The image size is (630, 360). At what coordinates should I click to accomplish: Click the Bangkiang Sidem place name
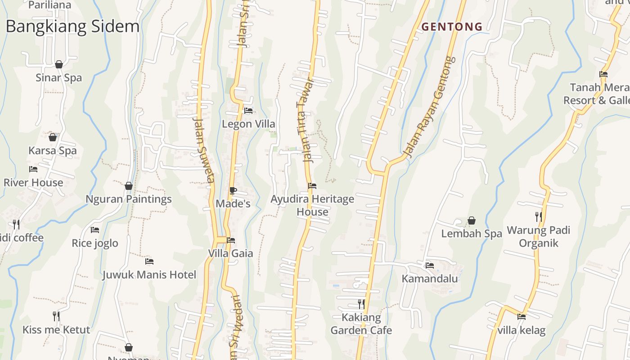point(72,27)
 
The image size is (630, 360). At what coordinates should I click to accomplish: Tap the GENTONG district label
point(452,27)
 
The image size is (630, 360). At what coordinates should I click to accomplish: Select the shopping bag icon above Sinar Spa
point(59,65)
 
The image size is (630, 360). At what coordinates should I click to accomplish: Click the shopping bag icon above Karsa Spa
point(53,137)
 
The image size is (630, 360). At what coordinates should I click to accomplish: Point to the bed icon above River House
point(33,169)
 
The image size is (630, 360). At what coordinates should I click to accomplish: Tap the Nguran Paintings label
point(129,199)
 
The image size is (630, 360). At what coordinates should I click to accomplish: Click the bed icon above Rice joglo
point(95,229)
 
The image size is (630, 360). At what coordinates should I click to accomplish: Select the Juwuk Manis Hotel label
point(149,274)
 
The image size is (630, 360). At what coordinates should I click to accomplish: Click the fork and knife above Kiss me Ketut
point(56,316)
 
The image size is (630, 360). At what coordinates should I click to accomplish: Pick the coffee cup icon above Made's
point(233,190)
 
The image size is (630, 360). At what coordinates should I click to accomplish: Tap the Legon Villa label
point(248,124)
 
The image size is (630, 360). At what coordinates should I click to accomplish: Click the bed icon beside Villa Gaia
point(231,240)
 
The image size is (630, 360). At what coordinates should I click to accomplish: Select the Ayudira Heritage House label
point(312,205)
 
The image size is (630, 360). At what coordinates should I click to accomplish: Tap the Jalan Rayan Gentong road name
point(429,108)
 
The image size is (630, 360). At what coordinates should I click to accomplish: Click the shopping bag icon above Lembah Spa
point(472,220)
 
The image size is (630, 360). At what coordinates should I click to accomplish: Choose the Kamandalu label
point(430,279)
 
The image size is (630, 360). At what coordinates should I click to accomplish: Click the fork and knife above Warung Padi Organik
point(538,217)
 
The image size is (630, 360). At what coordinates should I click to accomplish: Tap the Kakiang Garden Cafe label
point(361,324)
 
